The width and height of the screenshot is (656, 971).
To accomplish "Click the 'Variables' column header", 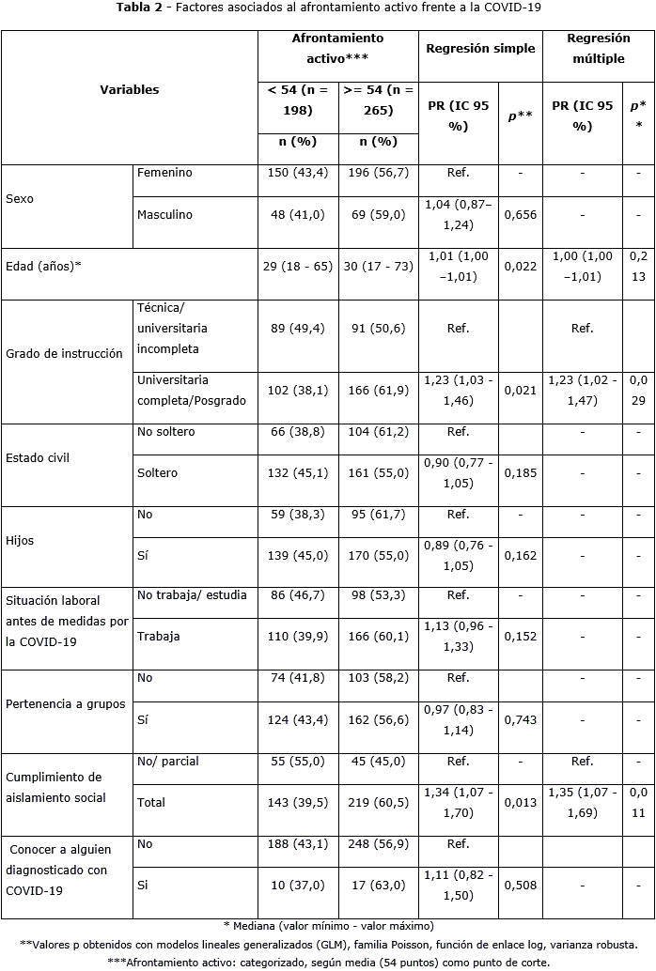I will pos(130,90).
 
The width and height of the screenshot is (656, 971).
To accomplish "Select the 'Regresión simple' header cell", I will pos(480,48).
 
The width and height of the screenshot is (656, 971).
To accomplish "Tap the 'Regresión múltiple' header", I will pos(599,48).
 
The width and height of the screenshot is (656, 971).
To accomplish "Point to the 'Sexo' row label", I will pos(20,199).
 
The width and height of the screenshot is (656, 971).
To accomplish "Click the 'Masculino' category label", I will pos(164,215).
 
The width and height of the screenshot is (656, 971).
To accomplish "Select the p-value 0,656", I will pos(520,215).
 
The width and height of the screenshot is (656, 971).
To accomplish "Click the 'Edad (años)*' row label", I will pos(43,266).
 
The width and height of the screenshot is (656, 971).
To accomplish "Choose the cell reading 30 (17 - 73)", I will pos(378,266).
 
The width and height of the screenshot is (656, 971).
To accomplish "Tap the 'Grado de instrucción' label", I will pos(64,354).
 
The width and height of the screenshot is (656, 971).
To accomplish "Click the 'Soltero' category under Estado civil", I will pos(157,473).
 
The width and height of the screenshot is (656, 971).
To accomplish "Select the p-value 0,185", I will pos(520,473).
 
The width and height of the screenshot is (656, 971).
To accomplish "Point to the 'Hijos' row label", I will pos(21,541).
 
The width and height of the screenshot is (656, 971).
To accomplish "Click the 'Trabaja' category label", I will pos(158,636).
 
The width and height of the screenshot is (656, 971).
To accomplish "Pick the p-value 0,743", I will pos(520,719).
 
